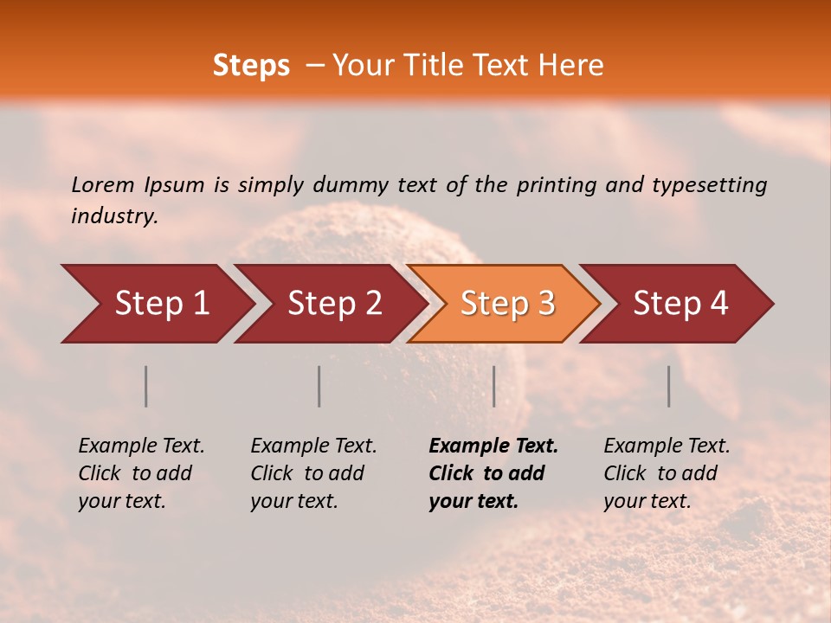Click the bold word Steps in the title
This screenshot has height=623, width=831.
(x=251, y=66)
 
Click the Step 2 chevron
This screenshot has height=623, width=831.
(x=334, y=304)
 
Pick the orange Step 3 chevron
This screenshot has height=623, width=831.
(x=507, y=304)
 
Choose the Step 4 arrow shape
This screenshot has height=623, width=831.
(x=680, y=304)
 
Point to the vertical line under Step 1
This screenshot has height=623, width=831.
(x=146, y=386)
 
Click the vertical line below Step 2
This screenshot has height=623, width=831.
(x=319, y=386)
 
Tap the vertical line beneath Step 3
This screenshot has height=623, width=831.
(x=494, y=386)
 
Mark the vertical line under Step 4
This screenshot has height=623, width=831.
(x=669, y=386)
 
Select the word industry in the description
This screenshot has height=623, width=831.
(x=113, y=216)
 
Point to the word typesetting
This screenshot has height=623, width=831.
(x=709, y=185)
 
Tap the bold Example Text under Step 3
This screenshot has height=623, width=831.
(x=493, y=446)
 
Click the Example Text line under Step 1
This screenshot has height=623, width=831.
(x=141, y=446)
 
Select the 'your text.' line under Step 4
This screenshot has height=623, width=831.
(x=647, y=501)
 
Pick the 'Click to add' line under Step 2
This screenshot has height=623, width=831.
(x=307, y=473)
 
